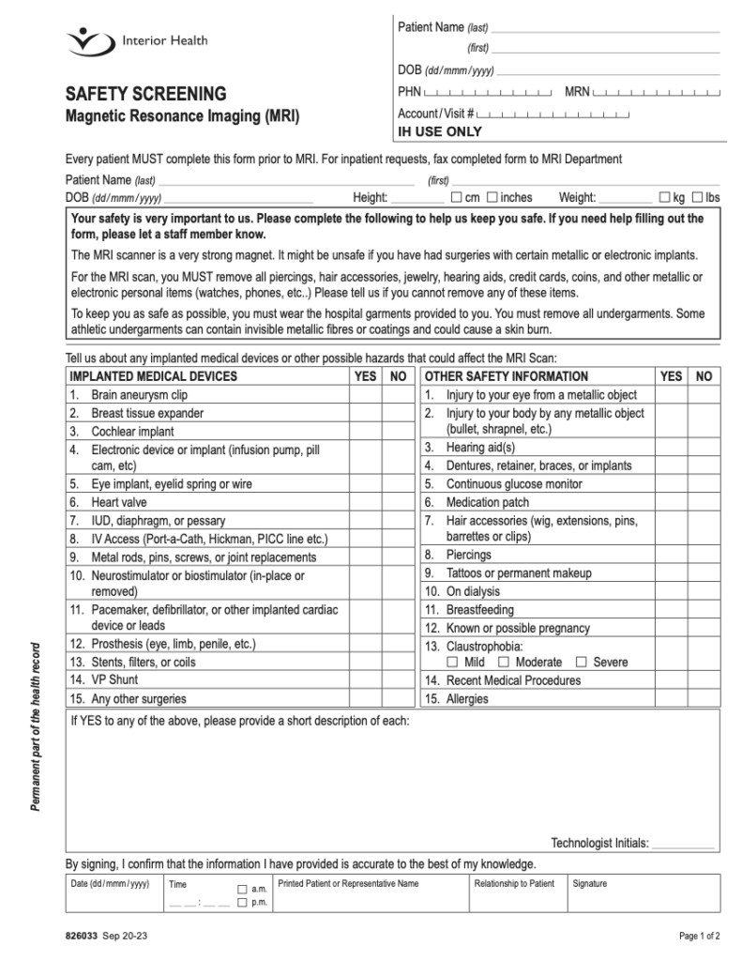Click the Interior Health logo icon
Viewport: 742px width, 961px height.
[x=89, y=41]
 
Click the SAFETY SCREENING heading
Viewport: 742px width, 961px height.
[x=145, y=94]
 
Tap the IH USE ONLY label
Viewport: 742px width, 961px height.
[x=440, y=132]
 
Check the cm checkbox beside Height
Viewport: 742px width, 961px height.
[x=456, y=197]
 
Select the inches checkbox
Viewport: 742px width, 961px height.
[x=492, y=197]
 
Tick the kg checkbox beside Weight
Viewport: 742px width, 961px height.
[x=664, y=197]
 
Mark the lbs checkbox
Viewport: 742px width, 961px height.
[x=697, y=197]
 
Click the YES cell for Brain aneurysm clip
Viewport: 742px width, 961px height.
[x=365, y=395]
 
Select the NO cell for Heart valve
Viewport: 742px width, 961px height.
[x=398, y=502]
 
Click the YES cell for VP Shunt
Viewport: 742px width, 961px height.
[x=365, y=679]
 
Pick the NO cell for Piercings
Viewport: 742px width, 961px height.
[x=704, y=555]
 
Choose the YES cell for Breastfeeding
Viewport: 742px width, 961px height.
[x=671, y=609]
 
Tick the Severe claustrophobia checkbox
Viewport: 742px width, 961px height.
[x=581, y=663]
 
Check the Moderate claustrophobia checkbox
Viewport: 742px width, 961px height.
[x=504, y=663]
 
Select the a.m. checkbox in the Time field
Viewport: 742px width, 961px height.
[x=242, y=888]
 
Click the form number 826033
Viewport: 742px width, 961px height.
[x=81, y=936]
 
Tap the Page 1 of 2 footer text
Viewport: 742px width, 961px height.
[x=699, y=936]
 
